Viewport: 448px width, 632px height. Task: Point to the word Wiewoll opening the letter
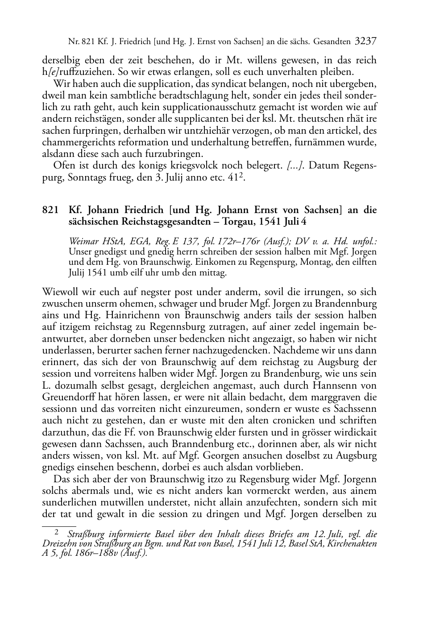59,292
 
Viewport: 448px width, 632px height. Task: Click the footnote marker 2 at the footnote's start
56,532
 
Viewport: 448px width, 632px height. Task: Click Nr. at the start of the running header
73,42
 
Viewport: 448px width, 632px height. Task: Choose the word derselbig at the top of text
60,60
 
